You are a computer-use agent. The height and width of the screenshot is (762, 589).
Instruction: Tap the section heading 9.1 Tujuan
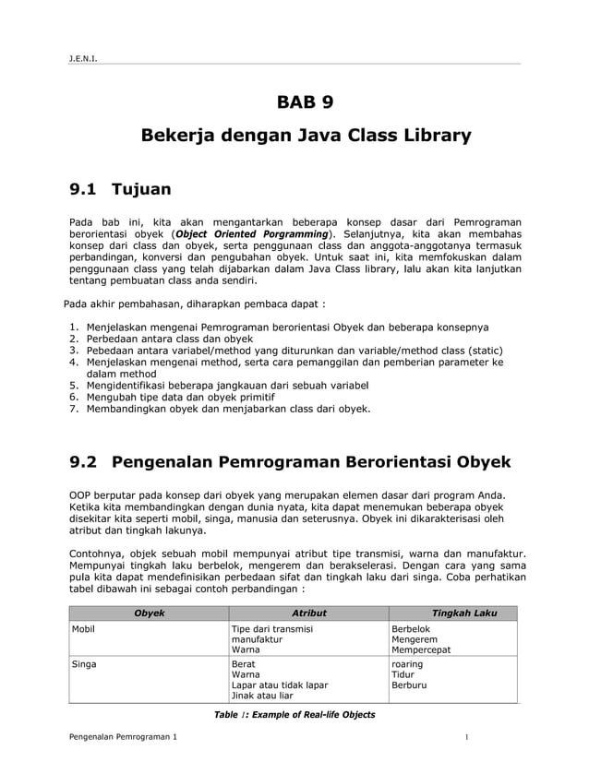(x=121, y=190)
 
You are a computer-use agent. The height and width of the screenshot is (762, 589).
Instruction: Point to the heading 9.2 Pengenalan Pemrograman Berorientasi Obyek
(x=291, y=460)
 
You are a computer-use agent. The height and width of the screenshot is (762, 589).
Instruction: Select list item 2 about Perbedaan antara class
(x=169, y=339)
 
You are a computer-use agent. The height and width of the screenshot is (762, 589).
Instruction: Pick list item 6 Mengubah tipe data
(x=186, y=396)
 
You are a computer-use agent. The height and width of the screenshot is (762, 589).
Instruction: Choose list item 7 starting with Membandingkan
(x=227, y=408)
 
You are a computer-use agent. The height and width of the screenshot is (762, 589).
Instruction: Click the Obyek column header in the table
(x=150, y=613)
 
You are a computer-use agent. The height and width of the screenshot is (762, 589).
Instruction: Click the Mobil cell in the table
(x=84, y=629)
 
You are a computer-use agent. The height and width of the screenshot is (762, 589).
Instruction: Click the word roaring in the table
(x=407, y=663)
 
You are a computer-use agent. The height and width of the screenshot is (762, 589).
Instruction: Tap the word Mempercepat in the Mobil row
(x=421, y=649)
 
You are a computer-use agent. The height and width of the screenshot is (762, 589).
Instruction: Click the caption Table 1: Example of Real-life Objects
(x=294, y=715)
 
